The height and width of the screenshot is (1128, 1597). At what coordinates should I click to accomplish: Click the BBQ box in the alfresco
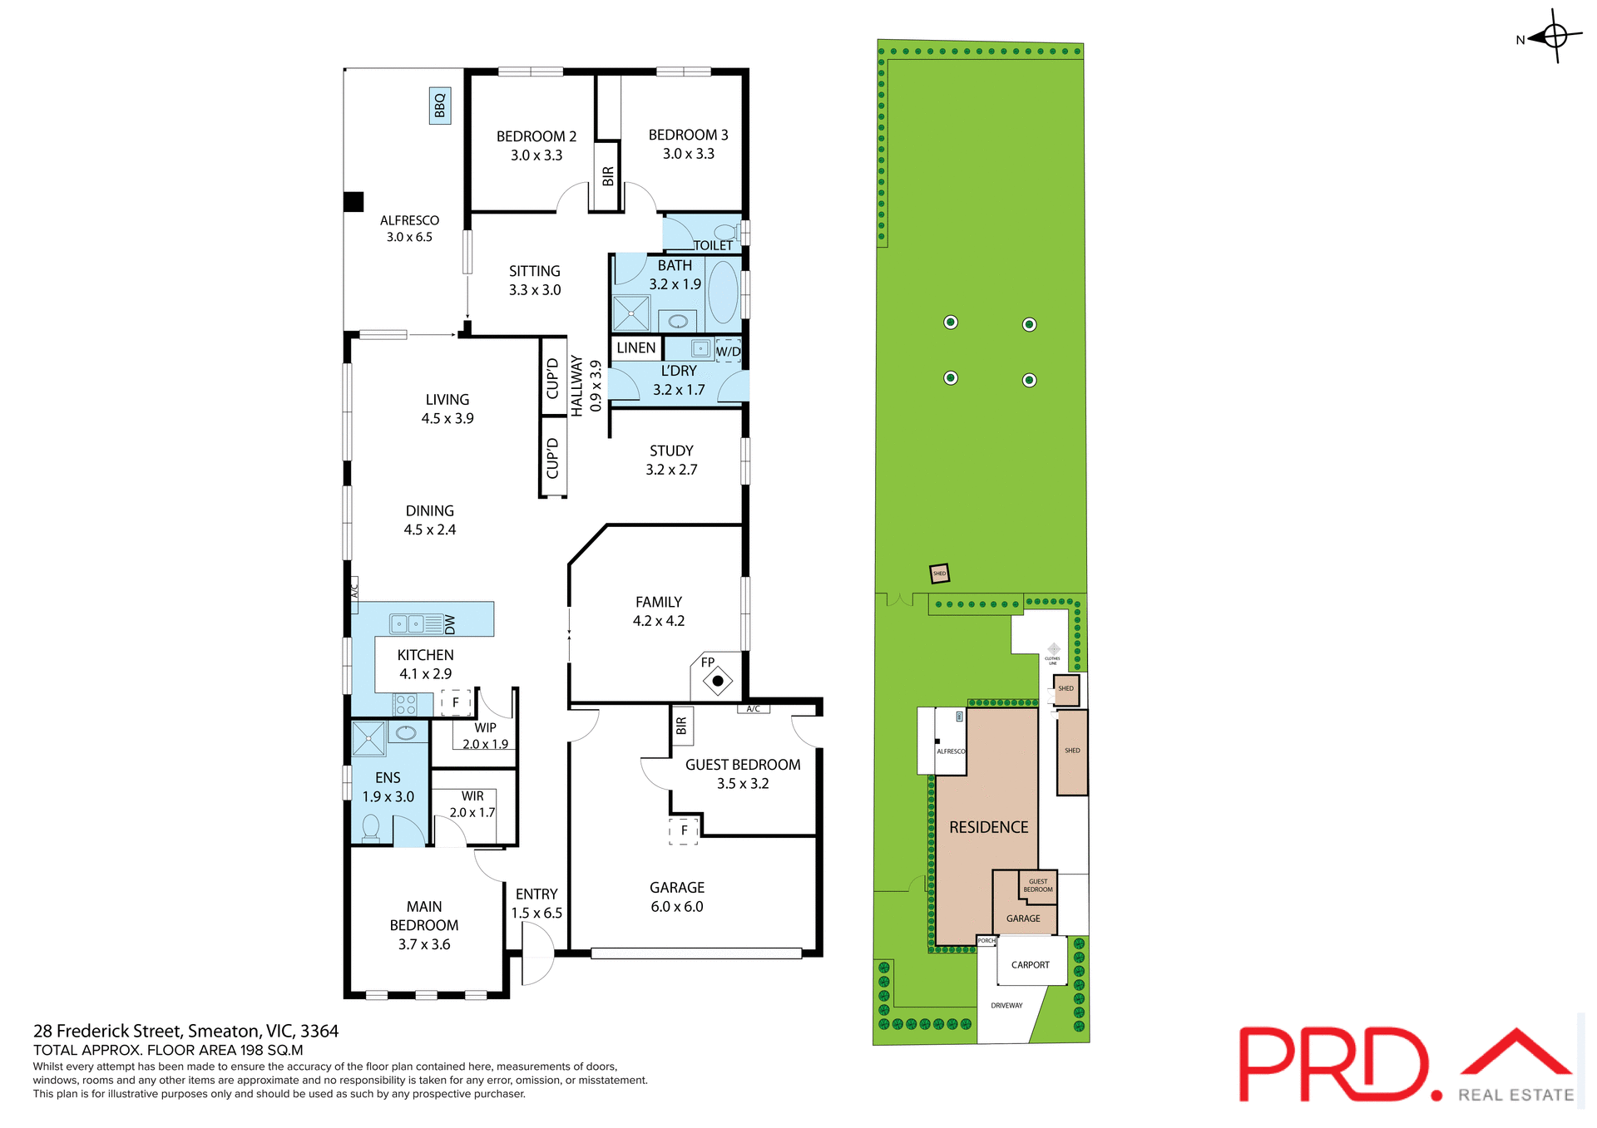[440, 106]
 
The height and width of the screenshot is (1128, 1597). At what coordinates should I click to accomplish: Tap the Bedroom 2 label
[536, 136]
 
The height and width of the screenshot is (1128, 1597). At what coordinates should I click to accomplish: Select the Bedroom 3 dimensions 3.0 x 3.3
[688, 154]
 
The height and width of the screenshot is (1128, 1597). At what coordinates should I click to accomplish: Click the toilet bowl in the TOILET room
[725, 232]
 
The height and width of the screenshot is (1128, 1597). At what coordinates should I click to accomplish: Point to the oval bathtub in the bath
[723, 292]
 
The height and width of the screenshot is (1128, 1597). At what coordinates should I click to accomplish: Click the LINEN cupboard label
[636, 347]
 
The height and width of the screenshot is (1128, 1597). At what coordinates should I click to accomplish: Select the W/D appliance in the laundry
[728, 350]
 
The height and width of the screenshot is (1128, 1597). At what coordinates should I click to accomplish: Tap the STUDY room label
[671, 451]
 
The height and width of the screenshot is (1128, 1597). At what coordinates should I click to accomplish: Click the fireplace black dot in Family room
[718, 681]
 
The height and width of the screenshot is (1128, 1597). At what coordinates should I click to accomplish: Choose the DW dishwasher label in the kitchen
[450, 623]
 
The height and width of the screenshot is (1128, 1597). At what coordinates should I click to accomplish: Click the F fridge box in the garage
[684, 830]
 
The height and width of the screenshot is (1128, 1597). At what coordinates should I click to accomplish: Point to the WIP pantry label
[485, 727]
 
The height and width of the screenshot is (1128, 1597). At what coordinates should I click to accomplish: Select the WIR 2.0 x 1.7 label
[472, 804]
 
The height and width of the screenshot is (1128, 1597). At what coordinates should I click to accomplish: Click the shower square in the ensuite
[368, 738]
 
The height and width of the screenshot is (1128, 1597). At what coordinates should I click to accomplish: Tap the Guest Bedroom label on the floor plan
[743, 765]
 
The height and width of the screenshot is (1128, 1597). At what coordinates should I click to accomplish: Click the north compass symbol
[1554, 37]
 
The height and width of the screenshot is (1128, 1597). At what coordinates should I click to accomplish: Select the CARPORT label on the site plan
[1030, 965]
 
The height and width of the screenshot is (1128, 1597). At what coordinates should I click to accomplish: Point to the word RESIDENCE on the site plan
[988, 827]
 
